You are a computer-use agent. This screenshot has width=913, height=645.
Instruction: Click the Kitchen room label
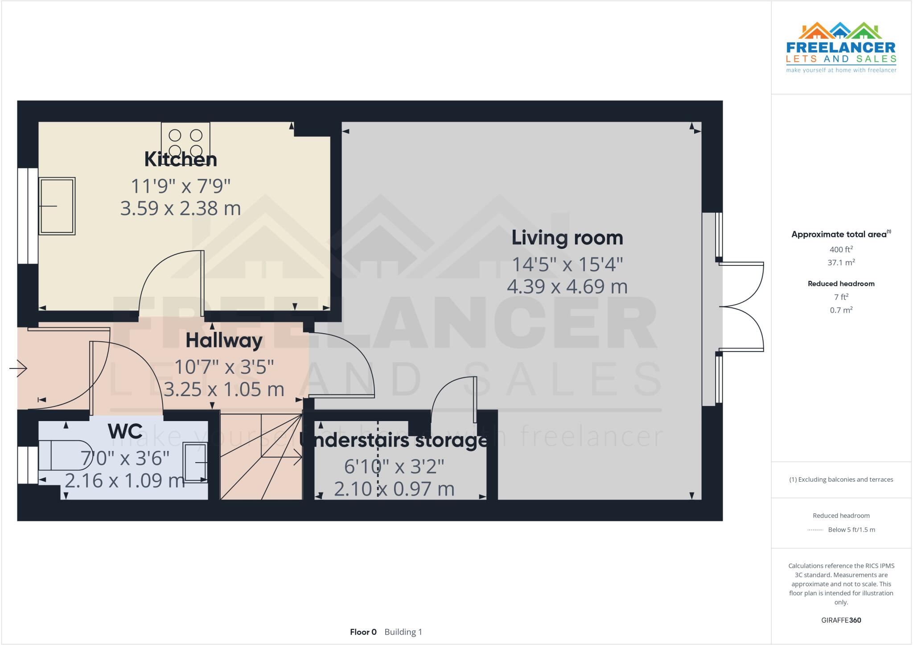coord(181,160)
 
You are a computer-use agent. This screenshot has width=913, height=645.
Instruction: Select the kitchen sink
coord(57,206)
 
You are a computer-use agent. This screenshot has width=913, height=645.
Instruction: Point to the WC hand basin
coord(196,463)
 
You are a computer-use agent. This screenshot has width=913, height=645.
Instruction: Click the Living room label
coord(567,238)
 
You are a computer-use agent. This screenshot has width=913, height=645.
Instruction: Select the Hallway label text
coord(224,341)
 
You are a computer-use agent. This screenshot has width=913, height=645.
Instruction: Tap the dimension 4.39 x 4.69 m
coord(567,286)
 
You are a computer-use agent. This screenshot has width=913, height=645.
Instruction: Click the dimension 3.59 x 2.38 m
coord(181,208)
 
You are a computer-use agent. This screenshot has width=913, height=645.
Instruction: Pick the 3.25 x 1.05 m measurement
coord(224,389)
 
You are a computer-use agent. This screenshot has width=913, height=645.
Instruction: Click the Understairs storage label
coord(395,441)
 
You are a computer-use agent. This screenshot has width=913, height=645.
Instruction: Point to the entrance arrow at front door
coord(19,368)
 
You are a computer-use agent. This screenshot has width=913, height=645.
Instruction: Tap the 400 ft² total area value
coord(841,249)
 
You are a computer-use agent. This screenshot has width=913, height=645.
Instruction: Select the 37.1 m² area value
coord(841,263)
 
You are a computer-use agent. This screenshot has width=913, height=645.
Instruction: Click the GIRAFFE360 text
coord(841,620)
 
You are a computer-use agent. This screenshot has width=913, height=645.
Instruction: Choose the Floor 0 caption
coord(363,632)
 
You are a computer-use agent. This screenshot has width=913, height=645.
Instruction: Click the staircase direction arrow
coord(294,457)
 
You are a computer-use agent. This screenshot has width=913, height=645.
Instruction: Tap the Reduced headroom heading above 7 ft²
coord(841,284)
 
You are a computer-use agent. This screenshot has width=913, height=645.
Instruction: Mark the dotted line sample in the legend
coord(815,530)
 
